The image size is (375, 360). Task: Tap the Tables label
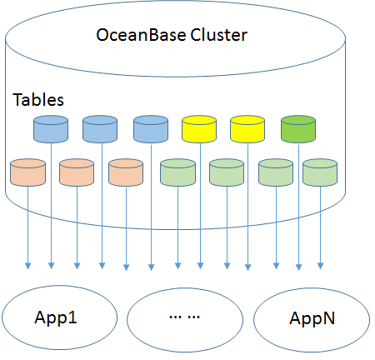click(x=39, y=99)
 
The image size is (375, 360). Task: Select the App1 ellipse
click(x=56, y=317)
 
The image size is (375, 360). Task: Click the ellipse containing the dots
click(x=184, y=317)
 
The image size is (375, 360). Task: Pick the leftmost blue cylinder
click(x=50, y=128)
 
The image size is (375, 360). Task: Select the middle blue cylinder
click(x=100, y=128)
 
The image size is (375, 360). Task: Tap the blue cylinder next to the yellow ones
click(x=150, y=128)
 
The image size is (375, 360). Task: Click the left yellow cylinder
click(x=198, y=128)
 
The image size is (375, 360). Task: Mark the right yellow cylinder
click(x=247, y=128)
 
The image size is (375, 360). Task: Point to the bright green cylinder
click(x=298, y=128)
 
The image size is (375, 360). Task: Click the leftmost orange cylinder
click(x=27, y=172)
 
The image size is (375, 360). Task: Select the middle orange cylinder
click(x=77, y=172)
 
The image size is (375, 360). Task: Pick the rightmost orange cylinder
click(x=126, y=172)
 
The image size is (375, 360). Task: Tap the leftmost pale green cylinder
click(x=177, y=172)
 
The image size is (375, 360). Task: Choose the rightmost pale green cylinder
click(x=319, y=172)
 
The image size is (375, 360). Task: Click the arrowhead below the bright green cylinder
click(x=299, y=267)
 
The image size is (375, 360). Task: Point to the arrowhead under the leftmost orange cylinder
click(x=27, y=267)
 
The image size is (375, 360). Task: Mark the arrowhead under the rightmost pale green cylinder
click(x=320, y=267)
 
